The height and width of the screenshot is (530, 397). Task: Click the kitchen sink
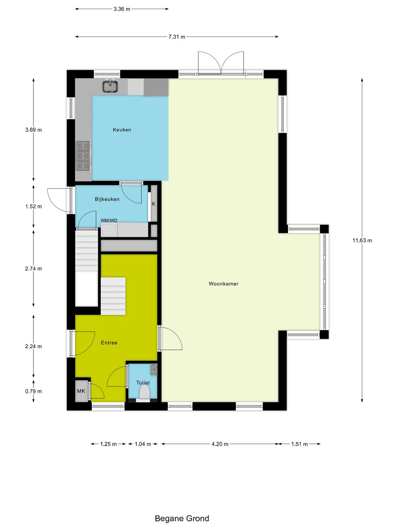110,86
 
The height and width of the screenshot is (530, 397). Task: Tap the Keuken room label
122,130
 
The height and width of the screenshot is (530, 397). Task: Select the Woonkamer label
223,284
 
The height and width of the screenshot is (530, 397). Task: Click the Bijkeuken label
107,199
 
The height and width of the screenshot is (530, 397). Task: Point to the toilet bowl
144,392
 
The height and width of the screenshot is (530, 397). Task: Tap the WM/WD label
109,220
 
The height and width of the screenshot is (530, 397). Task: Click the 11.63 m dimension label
362,240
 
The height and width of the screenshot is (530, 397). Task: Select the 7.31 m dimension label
177,37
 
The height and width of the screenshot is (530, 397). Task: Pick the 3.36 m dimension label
122,9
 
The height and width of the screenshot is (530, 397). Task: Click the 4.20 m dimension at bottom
220,444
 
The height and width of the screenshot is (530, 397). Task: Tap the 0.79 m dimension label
33,391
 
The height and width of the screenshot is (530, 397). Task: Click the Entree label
109,343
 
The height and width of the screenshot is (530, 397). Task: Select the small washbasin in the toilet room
154,370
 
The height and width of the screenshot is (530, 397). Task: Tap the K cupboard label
154,204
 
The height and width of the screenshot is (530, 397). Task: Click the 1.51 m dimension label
299,444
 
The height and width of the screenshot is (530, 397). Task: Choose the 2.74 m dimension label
33,269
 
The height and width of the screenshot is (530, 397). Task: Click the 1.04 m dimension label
143,444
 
